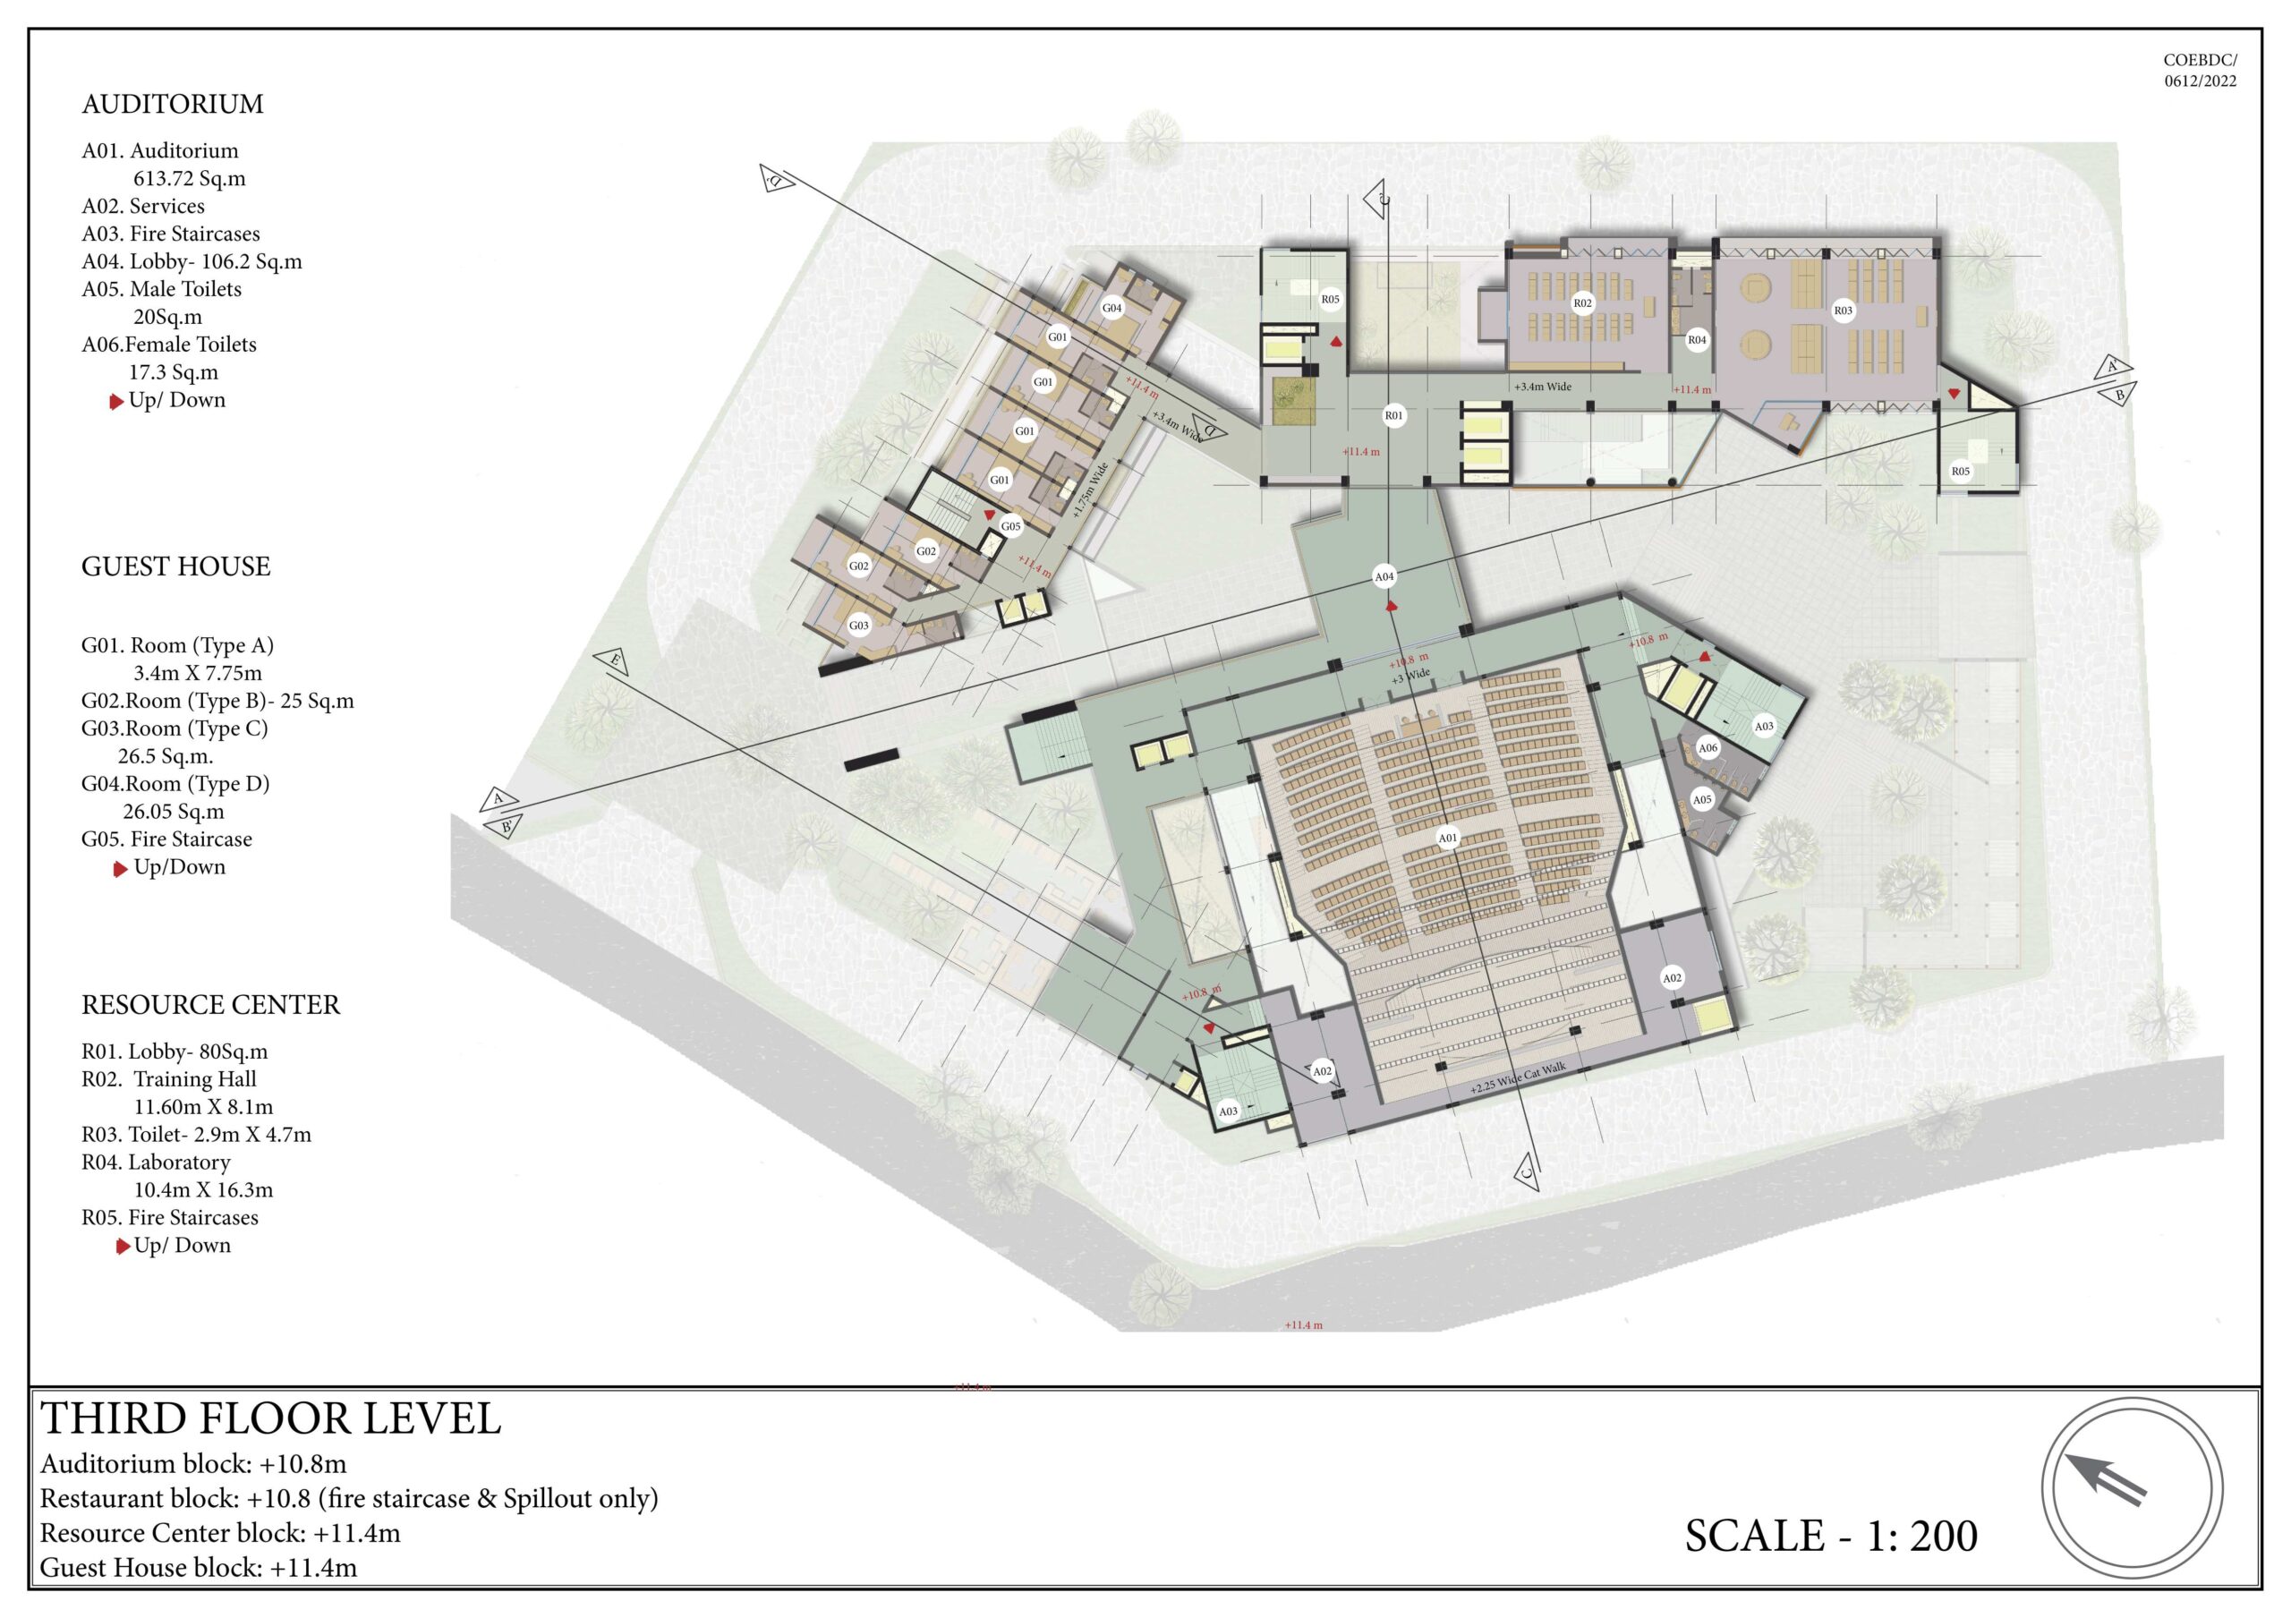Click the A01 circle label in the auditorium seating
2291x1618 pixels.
1447,838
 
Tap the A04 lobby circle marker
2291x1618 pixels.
1384,576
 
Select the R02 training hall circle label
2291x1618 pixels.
1582,303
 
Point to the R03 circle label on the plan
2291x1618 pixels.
1843,311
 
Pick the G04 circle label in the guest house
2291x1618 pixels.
1111,308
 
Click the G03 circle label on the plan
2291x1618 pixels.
859,626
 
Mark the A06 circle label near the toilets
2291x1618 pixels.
1708,747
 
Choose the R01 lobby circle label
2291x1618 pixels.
1394,416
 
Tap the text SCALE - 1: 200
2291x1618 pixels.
1831,1537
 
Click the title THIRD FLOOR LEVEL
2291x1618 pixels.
270,1419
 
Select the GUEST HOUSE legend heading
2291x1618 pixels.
175,566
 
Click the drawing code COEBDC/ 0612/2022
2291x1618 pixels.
2201,71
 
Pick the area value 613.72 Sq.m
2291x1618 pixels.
190,179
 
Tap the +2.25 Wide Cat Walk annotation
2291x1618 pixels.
1518,1078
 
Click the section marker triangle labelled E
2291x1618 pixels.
610,661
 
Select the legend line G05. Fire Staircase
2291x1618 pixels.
166,839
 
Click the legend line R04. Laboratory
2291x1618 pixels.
156,1162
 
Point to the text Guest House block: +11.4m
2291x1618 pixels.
199,1567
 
